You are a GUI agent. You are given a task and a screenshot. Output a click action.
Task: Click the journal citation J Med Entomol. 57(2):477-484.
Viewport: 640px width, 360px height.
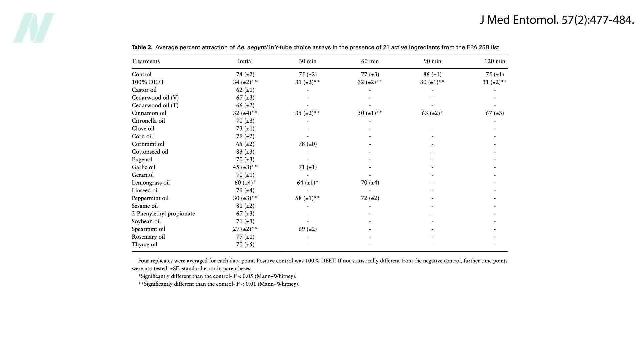point(557,20)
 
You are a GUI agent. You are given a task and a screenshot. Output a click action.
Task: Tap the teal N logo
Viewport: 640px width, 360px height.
point(34,28)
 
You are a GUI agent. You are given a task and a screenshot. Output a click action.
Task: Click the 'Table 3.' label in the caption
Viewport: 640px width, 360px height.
point(142,47)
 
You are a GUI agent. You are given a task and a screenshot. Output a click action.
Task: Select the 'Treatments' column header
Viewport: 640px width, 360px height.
point(146,61)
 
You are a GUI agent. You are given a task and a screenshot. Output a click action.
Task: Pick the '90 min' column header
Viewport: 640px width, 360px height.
point(432,61)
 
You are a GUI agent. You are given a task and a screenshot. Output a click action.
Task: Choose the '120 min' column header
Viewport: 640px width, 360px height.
point(495,61)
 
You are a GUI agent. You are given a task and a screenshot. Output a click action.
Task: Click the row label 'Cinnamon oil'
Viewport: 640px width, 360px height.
point(149,113)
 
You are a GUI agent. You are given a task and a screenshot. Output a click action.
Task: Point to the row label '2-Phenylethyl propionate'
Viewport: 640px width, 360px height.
point(163,214)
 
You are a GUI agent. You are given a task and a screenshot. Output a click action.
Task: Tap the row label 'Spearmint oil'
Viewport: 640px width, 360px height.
point(148,229)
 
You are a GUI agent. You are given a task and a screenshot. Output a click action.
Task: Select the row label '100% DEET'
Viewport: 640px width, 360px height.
point(148,82)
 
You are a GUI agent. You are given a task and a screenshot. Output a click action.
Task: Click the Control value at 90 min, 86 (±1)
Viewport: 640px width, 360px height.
point(432,74)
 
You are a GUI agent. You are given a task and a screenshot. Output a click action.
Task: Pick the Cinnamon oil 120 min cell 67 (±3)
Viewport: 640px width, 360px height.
point(495,113)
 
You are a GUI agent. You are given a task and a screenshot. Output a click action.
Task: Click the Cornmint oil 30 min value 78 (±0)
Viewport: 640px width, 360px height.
point(307,144)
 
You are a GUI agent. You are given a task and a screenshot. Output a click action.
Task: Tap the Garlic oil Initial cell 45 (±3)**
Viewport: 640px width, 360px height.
point(245,167)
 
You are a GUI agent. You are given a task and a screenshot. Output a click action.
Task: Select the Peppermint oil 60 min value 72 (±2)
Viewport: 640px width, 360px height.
point(370,198)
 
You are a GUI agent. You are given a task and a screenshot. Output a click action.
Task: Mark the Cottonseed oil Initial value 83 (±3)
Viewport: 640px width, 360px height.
point(245,152)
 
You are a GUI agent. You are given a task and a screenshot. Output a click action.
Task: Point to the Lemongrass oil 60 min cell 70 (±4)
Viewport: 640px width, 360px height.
point(370,183)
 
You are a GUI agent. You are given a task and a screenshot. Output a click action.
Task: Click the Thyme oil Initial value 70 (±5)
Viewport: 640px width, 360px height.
point(245,244)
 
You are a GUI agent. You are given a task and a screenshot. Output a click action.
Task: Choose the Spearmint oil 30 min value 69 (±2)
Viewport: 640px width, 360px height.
point(307,229)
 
